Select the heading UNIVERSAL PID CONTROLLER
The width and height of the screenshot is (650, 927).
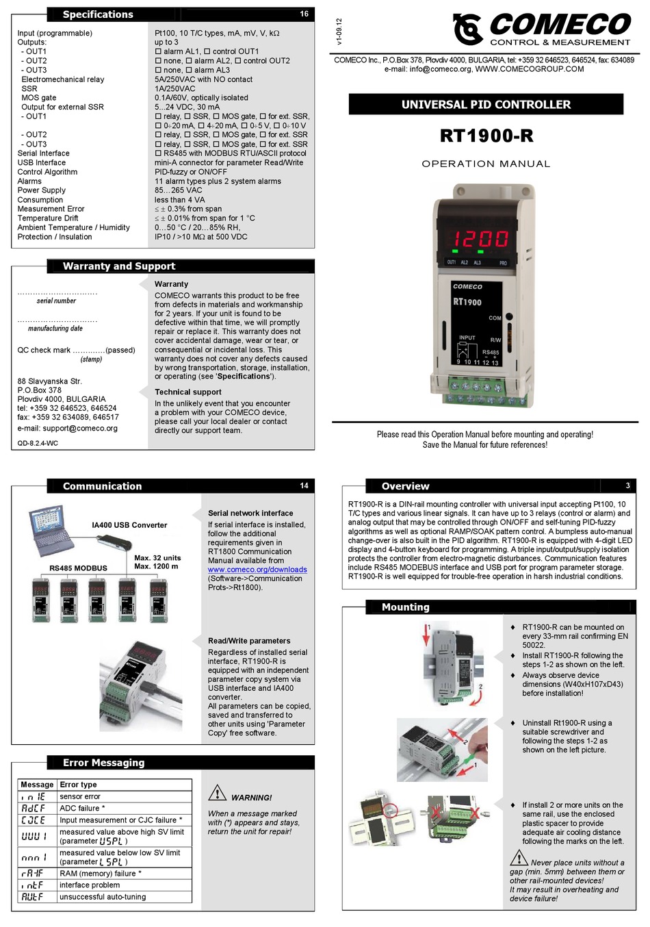(x=486, y=105)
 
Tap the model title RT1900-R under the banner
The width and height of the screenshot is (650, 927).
(x=486, y=136)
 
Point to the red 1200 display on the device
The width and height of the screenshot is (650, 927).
(x=479, y=239)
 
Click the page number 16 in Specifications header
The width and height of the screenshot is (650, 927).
(x=304, y=14)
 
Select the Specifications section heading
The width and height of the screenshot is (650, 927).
(x=98, y=14)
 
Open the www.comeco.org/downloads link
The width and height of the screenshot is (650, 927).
(x=257, y=570)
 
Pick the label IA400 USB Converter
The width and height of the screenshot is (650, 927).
(x=129, y=525)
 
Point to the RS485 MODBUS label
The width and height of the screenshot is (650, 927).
(x=78, y=568)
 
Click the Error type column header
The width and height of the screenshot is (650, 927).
(x=79, y=785)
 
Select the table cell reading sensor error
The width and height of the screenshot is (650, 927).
(x=80, y=797)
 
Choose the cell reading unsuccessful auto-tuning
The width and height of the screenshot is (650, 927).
(x=103, y=897)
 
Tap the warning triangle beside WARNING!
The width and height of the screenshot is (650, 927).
(x=217, y=793)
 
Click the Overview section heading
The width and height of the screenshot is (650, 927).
(x=405, y=486)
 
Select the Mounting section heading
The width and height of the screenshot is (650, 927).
(x=405, y=607)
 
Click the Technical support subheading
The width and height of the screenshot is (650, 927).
(x=187, y=392)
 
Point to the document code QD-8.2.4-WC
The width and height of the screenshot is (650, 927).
(x=38, y=444)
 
